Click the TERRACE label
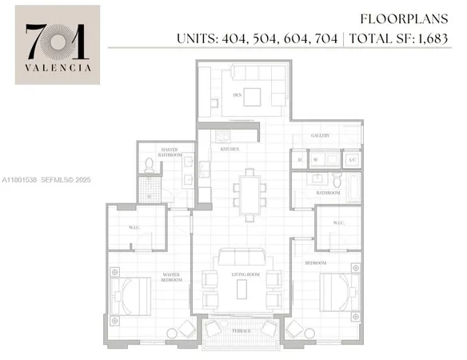click(x=242, y=331)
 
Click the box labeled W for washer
click(x=315, y=160)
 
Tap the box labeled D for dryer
click(x=299, y=160)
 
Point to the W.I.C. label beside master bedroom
click(x=135, y=227)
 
